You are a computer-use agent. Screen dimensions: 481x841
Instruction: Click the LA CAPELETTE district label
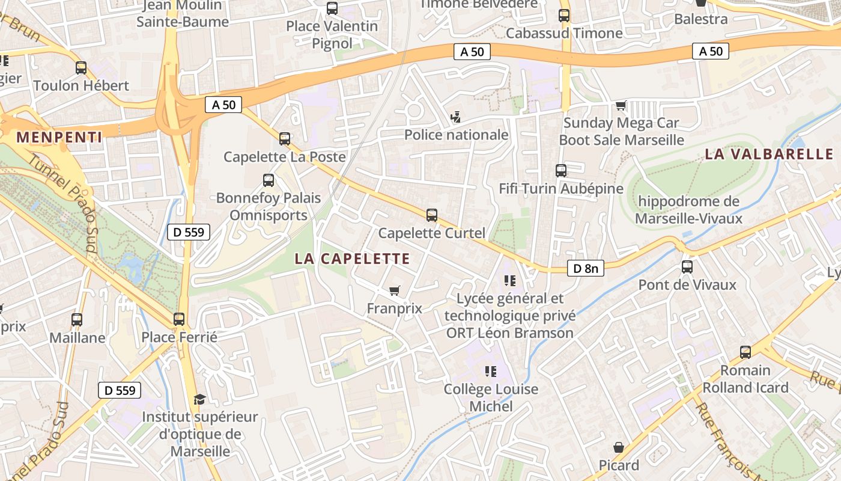point(352,259)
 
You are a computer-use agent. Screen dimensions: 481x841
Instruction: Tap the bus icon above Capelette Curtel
point(431,215)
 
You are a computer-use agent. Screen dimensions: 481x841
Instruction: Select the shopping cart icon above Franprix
point(394,291)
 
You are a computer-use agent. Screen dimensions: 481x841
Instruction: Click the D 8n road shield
point(585,268)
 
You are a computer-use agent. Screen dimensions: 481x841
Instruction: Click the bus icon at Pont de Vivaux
point(687,266)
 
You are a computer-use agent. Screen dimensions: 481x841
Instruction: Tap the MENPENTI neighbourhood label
point(59,137)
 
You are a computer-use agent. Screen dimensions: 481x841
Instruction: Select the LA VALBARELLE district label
point(772,154)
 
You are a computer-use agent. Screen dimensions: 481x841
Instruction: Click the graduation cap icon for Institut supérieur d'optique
point(199,399)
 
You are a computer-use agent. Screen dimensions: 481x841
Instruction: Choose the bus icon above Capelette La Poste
point(285,139)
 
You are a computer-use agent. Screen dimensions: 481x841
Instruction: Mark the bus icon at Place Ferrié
point(179,319)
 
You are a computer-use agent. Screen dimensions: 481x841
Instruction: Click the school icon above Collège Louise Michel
point(491,372)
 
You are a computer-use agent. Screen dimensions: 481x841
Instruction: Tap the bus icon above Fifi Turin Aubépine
point(560,171)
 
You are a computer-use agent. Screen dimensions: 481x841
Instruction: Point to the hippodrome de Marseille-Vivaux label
point(688,210)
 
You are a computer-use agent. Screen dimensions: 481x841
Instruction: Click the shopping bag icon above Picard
point(619,448)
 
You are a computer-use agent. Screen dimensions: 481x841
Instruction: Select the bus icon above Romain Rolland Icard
point(745,352)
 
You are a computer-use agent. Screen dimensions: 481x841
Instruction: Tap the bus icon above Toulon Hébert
point(81,68)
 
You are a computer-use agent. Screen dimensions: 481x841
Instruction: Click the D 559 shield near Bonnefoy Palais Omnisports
point(188,231)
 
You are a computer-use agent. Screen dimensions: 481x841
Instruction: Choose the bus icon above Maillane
point(77,320)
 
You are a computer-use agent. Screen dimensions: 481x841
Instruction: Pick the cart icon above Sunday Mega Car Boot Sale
point(621,106)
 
